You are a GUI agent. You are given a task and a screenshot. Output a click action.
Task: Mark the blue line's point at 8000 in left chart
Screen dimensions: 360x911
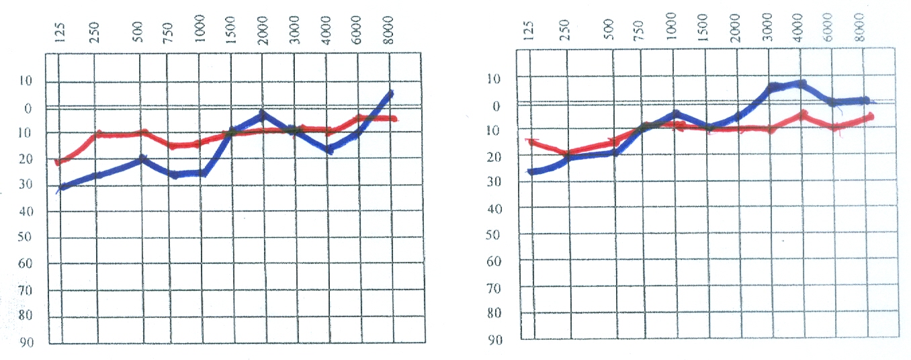tap(390, 93)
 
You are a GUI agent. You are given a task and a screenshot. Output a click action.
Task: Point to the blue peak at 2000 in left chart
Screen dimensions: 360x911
tap(262, 114)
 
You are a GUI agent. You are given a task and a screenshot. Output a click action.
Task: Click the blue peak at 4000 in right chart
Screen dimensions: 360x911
tap(800, 84)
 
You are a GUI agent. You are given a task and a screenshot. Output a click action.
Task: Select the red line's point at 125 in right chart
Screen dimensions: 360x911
tap(531, 141)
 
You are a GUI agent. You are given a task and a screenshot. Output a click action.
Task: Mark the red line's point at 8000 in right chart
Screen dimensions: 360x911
tap(869, 117)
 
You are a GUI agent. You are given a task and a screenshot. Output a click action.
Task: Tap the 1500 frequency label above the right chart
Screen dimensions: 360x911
tap(705, 28)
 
